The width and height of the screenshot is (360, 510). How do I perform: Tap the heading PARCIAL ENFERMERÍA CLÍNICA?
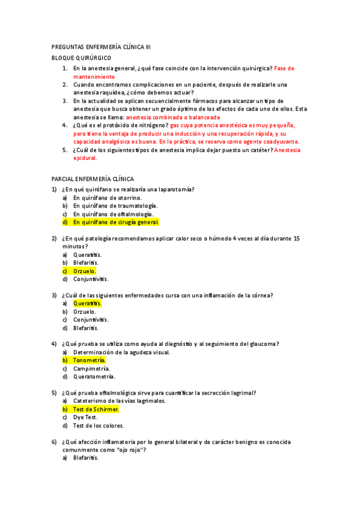coord(93,179)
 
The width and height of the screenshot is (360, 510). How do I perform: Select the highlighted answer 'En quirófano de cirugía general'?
coord(115,222)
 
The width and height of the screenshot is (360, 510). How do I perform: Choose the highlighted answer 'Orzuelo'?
coord(84,271)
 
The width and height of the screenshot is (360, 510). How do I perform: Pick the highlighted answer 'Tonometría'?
coord(89,360)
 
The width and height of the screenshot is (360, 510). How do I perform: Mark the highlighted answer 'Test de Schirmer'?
coord(96,409)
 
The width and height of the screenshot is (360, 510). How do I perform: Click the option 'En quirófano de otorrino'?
coord(108,198)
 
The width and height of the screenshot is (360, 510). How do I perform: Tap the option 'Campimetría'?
coord(91,368)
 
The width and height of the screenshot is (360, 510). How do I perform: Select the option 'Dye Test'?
coord(85,417)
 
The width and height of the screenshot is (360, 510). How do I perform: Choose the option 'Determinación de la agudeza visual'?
coord(121,352)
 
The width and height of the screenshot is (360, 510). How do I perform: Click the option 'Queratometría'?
coord(94,376)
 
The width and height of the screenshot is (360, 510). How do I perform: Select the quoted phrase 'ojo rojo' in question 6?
coord(127,450)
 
